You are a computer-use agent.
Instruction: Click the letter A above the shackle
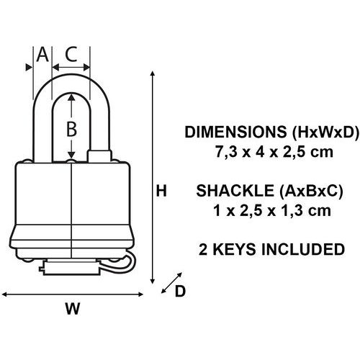[x=42, y=55]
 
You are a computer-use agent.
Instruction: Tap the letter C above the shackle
[x=71, y=54]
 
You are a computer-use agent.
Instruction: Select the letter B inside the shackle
[x=71, y=129]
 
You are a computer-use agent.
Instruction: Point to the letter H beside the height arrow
[x=161, y=191]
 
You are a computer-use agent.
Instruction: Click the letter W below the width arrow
[x=73, y=309]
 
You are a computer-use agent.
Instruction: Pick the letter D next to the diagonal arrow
[x=180, y=291]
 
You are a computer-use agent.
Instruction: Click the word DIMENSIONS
[x=235, y=132]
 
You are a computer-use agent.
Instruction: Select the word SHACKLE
[x=235, y=191]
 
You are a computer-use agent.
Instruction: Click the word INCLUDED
[x=303, y=249]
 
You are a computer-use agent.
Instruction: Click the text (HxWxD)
[x=325, y=132]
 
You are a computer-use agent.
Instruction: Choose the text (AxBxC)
[x=311, y=191]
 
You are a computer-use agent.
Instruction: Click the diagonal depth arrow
[x=171, y=283]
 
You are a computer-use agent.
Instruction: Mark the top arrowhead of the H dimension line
[x=152, y=73]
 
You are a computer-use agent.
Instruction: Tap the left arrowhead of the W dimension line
[x=4, y=294]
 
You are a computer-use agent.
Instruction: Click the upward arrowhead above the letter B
[x=71, y=97]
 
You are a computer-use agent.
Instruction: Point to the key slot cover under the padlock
[x=71, y=269]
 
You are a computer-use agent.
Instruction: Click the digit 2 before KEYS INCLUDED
[x=203, y=249]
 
